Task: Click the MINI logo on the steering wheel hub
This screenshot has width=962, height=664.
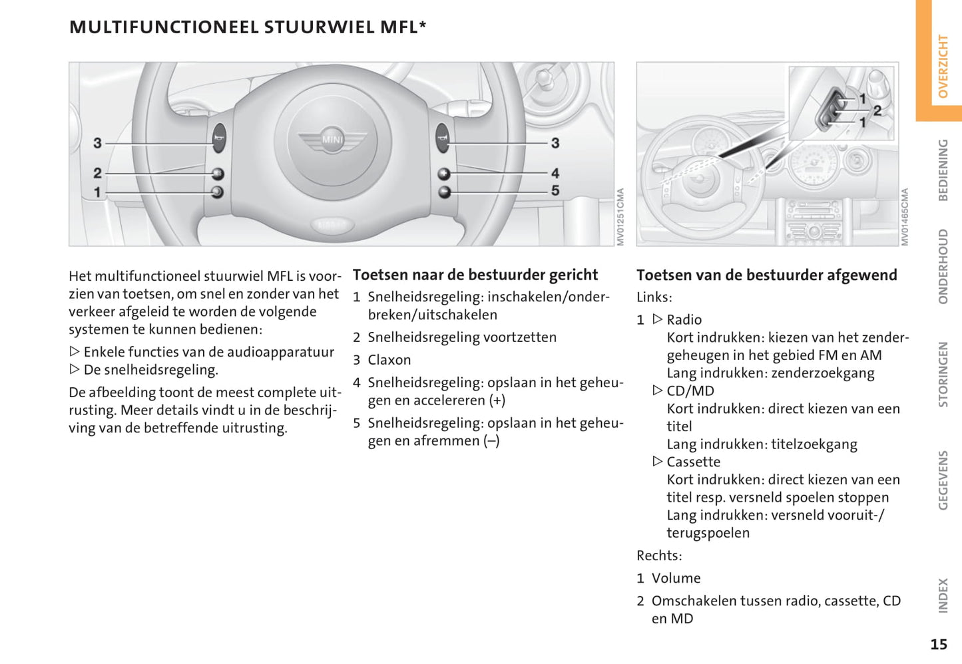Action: click(332, 140)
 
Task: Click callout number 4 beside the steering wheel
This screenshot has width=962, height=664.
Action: click(555, 173)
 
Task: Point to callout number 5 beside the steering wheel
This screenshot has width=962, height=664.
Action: click(555, 191)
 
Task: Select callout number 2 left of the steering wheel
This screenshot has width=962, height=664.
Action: click(97, 173)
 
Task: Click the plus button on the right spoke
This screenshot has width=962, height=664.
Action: click(444, 174)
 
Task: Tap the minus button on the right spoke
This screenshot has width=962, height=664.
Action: click(444, 192)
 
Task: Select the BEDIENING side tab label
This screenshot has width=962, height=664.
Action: click(943, 170)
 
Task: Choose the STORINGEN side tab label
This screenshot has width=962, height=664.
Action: click(943, 374)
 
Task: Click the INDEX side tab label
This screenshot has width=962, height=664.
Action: click(943, 595)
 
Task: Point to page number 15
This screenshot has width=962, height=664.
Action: click(939, 644)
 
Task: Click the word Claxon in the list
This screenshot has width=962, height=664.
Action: click(389, 360)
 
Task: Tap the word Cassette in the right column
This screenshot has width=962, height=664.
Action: click(693, 462)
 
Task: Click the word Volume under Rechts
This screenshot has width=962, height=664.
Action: click(676, 578)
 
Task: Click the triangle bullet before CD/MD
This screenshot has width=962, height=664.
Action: click(658, 391)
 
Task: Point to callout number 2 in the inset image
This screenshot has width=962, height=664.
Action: click(877, 110)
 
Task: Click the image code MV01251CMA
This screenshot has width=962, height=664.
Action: click(620, 217)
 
